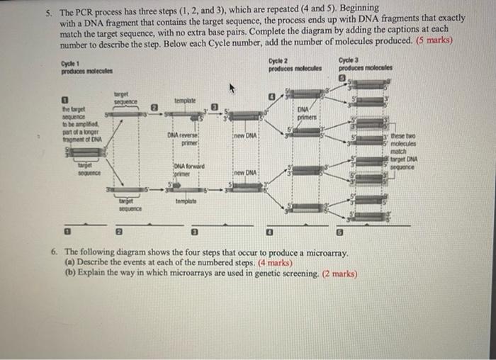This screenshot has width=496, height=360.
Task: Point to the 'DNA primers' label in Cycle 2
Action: tap(305, 113)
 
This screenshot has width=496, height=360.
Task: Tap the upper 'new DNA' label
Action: tap(244, 135)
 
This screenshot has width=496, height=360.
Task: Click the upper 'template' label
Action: tap(184, 101)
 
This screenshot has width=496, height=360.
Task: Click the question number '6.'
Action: tap(54, 253)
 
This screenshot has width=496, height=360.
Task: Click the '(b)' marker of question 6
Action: tap(68, 273)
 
